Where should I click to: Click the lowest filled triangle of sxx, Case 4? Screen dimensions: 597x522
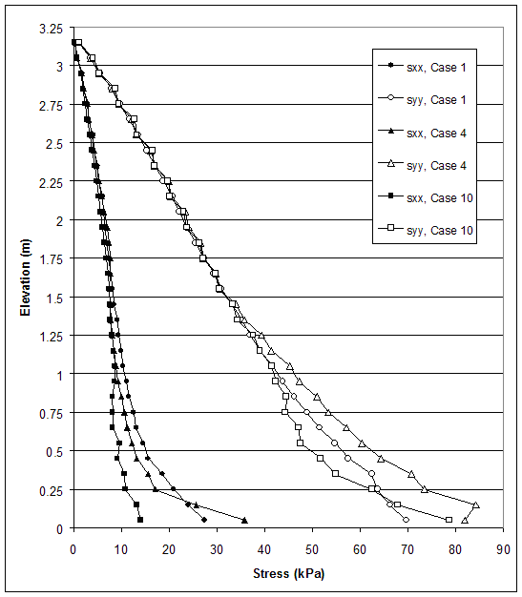pos(245,520)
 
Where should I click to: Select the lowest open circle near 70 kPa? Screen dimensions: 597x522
pos(407,520)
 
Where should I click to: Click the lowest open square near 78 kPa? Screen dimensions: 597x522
pos(449,520)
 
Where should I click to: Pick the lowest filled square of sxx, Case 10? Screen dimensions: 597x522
pos(140,520)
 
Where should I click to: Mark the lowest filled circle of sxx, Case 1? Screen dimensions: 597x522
pos(204,520)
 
